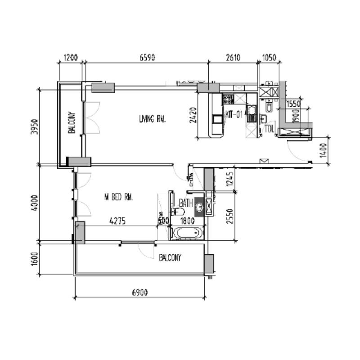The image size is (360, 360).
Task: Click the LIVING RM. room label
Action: [153, 119]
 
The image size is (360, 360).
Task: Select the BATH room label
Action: [186, 203]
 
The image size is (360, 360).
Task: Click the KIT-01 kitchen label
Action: [233, 114]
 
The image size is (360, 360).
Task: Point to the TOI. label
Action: [270, 128]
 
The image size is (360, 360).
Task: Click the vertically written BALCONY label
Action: [72, 123]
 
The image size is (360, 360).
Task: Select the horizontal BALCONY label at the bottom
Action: [170, 258]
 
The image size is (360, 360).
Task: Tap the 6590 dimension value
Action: [147, 58]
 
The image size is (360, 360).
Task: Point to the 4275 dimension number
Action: [117, 221]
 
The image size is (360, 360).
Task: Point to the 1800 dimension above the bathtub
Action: [187, 221]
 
